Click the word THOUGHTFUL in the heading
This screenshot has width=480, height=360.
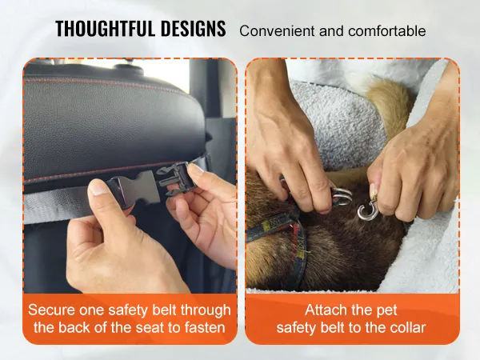coord(105,29)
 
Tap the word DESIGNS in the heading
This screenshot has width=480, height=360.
coord(193,29)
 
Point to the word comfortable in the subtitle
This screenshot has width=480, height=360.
coord(387,31)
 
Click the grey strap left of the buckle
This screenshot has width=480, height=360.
coord(58,205)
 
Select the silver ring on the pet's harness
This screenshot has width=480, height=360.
coord(342,196)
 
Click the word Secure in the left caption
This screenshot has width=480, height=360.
coord(52,310)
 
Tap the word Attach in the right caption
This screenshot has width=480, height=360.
coord(323,310)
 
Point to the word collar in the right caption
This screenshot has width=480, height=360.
coord(408,327)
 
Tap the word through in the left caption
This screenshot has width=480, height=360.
coord(206,311)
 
